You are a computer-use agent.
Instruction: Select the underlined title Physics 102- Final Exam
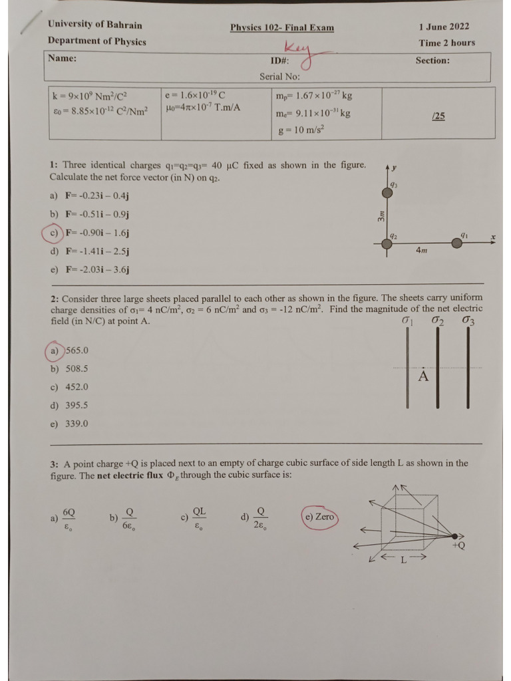[282, 27]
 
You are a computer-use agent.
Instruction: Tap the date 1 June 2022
[444, 27]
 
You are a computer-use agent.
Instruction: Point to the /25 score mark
[438, 116]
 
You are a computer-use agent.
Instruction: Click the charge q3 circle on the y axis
[387, 193]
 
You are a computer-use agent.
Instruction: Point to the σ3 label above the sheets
[468, 321]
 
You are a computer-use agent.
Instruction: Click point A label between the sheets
[423, 377]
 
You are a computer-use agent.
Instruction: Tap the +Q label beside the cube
[458, 545]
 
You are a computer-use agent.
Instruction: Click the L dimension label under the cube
[403, 559]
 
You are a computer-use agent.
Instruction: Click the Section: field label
[432, 60]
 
